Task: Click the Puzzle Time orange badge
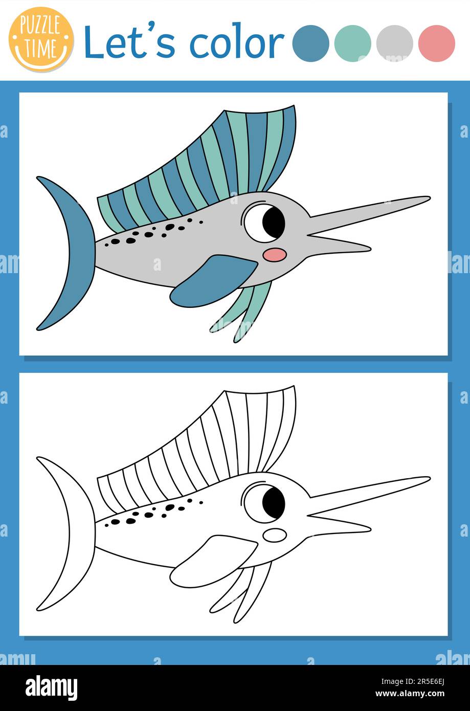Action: (40, 39)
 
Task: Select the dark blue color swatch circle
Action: (310, 43)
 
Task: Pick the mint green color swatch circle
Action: (352, 43)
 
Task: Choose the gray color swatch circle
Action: (394, 43)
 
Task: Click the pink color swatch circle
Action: (436, 43)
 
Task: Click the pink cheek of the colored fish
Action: (275, 255)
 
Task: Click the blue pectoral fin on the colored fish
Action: (213, 281)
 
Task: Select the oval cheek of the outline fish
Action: (275, 536)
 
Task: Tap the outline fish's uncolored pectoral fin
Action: (213, 562)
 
